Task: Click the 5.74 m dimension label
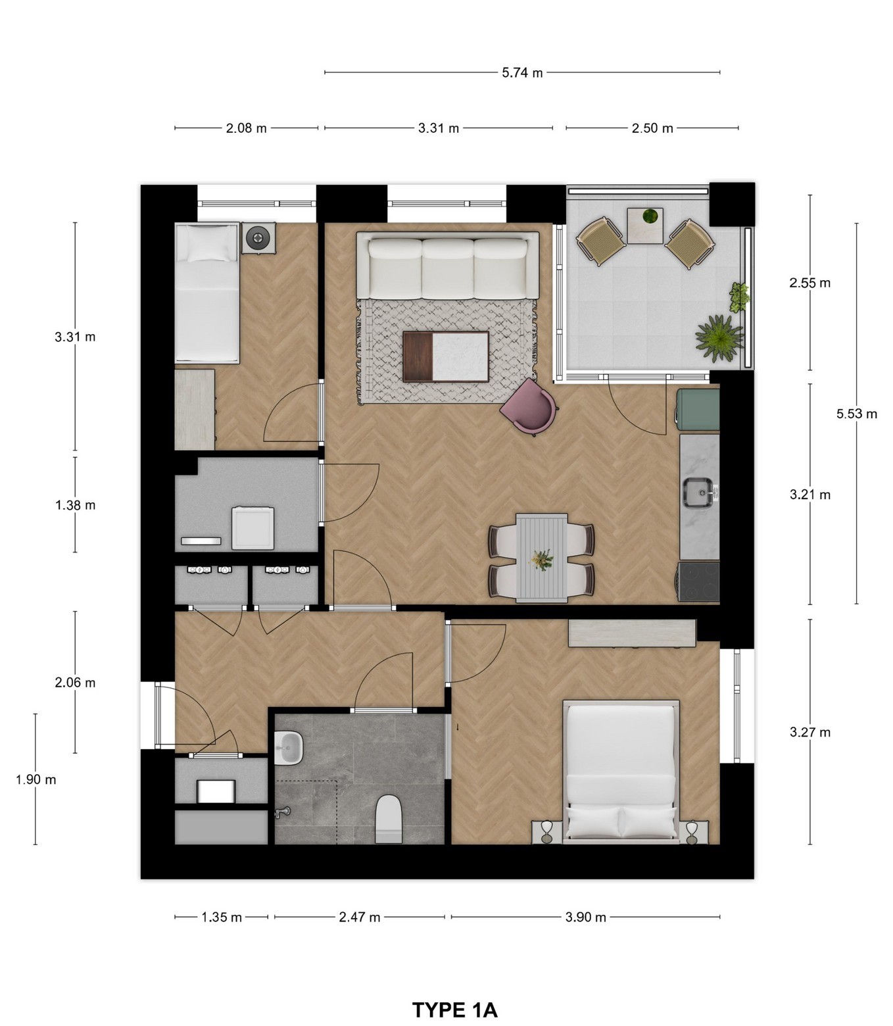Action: click(522, 73)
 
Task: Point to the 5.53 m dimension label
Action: click(856, 414)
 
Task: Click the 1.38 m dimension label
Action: click(75, 505)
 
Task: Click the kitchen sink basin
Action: click(698, 492)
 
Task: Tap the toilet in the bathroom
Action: click(389, 819)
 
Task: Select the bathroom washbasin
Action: click(288, 747)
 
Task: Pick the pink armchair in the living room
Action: click(529, 406)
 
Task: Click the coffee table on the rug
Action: click(445, 356)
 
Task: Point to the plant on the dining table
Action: click(542, 559)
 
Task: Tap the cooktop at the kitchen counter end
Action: click(698, 581)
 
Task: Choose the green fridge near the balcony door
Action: click(698, 410)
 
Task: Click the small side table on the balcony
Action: click(645, 226)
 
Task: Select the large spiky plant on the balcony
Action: click(719, 337)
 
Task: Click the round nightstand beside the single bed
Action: click(258, 237)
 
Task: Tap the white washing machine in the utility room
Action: click(253, 528)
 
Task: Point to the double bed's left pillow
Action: click(593, 821)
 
